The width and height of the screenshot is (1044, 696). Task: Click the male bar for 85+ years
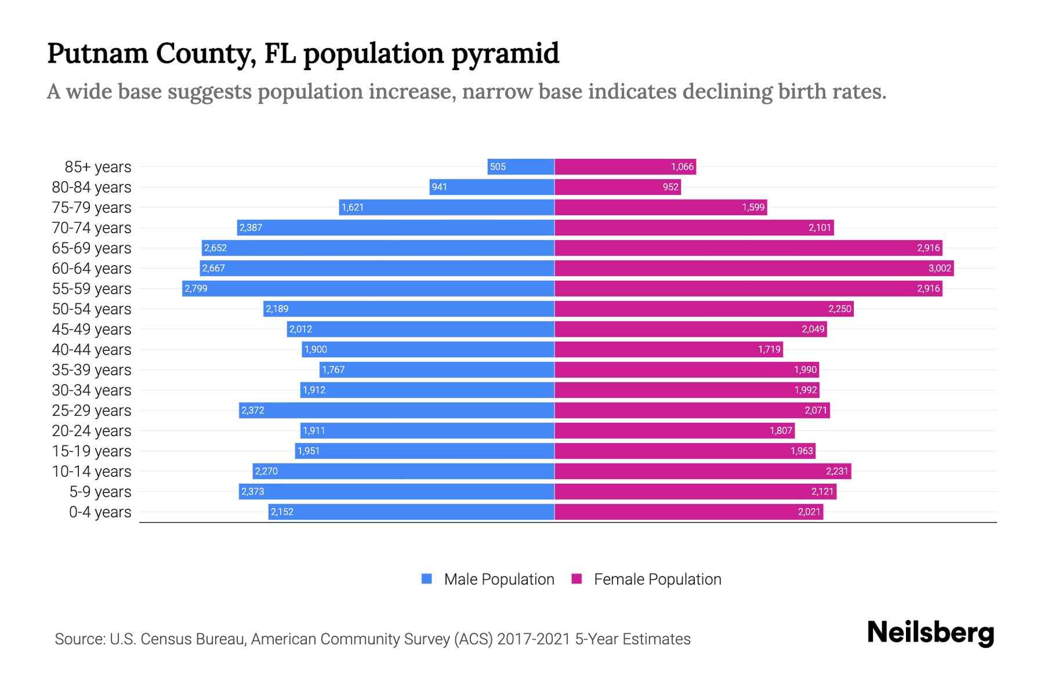pyautogui.click(x=521, y=166)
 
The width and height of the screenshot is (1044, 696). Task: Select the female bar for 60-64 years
pyautogui.click(x=754, y=268)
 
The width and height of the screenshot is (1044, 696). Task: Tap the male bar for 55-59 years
pyautogui.click(x=368, y=288)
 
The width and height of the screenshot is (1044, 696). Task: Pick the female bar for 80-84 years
pyautogui.click(x=617, y=187)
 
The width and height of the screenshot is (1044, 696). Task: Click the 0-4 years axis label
pyautogui.click(x=100, y=512)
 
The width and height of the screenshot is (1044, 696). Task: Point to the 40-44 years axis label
pyautogui.click(x=92, y=349)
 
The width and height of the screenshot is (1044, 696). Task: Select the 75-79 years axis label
pyautogui.click(x=92, y=207)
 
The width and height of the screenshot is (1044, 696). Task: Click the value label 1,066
pyautogui.click(x=682, y=166)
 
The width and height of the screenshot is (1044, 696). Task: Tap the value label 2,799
pyautogui.click(x=196, y=288)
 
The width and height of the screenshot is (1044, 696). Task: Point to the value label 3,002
pyautogui.click(x=940, y=268)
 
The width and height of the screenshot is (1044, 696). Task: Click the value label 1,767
pyautogui.click(x=333, y=369)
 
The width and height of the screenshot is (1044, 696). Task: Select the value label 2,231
pyautogui.click(x=837, y=471)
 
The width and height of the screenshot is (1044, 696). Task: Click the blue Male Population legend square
pyautogui.click(x=427, y=579)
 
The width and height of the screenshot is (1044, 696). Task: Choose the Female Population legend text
pyautogui.click(x=657, y=579)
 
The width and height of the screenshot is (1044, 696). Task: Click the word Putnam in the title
pyautogui.click(x=97, y=53)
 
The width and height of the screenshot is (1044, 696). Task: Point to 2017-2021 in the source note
pyautogui.click(x=533, y=639)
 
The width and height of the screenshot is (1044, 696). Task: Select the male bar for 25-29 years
pyautogui.click(x=397, y=410)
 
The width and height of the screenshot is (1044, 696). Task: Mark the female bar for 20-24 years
pyautogui.click(x=675, y=430)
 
